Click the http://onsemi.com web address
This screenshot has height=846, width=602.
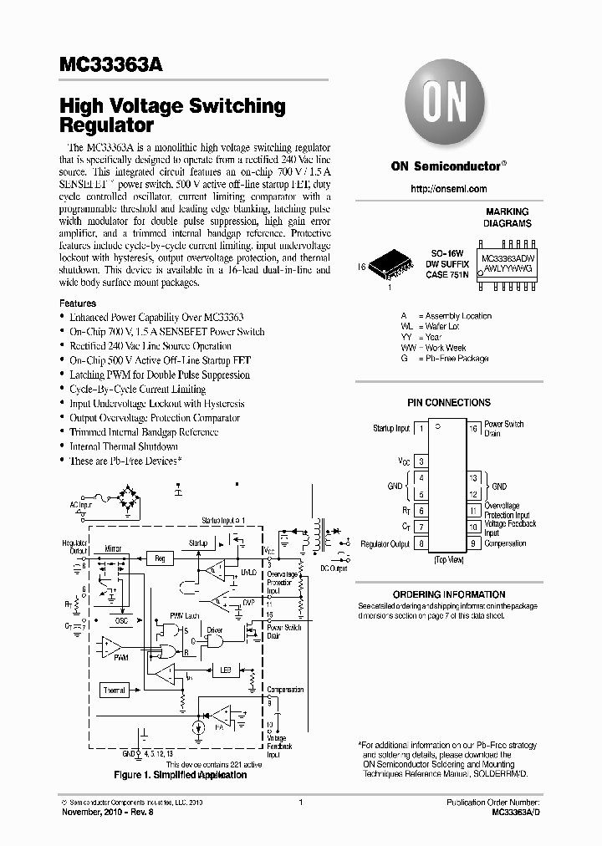(x=448, y=190)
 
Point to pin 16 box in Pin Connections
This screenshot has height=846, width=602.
(x=472, y=428)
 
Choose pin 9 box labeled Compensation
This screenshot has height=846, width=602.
(x=472, y=543)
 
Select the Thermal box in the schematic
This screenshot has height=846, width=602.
(x=115, y=691)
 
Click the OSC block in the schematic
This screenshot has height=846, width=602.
(x=122, y=620)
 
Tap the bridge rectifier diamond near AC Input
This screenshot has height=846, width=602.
(x=131, y=502)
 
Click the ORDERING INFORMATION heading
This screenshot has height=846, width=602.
(x=448, y=591)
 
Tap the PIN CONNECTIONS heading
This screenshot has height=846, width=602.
(x=448, y=402)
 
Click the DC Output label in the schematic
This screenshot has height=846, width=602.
(x=334, y=568)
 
